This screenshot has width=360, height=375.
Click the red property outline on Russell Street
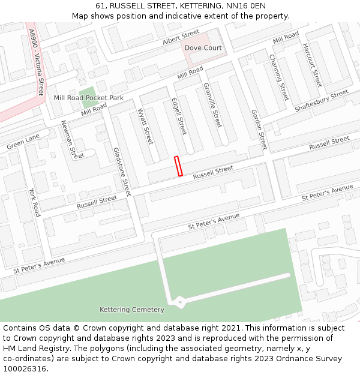[x=178, y=166]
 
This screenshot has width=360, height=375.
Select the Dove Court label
[x=203, y=48]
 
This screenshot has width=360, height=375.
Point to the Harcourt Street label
[x=312, y=65]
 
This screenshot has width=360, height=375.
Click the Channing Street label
[x=279, y=77]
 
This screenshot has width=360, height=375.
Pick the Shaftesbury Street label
[x=322, y=101]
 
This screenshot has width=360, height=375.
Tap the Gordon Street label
[x=259, y=130]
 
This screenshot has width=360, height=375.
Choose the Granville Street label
[x=213, y=106]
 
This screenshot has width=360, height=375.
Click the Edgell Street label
[x=179, y=116]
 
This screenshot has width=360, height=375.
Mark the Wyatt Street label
[x=146, y=127]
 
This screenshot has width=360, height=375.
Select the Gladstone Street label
[x=122, y=172]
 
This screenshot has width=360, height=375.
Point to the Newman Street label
[x=73, y=139]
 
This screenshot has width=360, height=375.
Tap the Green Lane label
[x=23, y=142]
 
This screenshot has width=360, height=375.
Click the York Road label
[x=35, y=202]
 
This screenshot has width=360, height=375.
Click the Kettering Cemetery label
[x=131, y=310]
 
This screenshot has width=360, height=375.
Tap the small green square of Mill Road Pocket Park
[x=87, y=94]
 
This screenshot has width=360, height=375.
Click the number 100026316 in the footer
[x=25, y=368]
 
